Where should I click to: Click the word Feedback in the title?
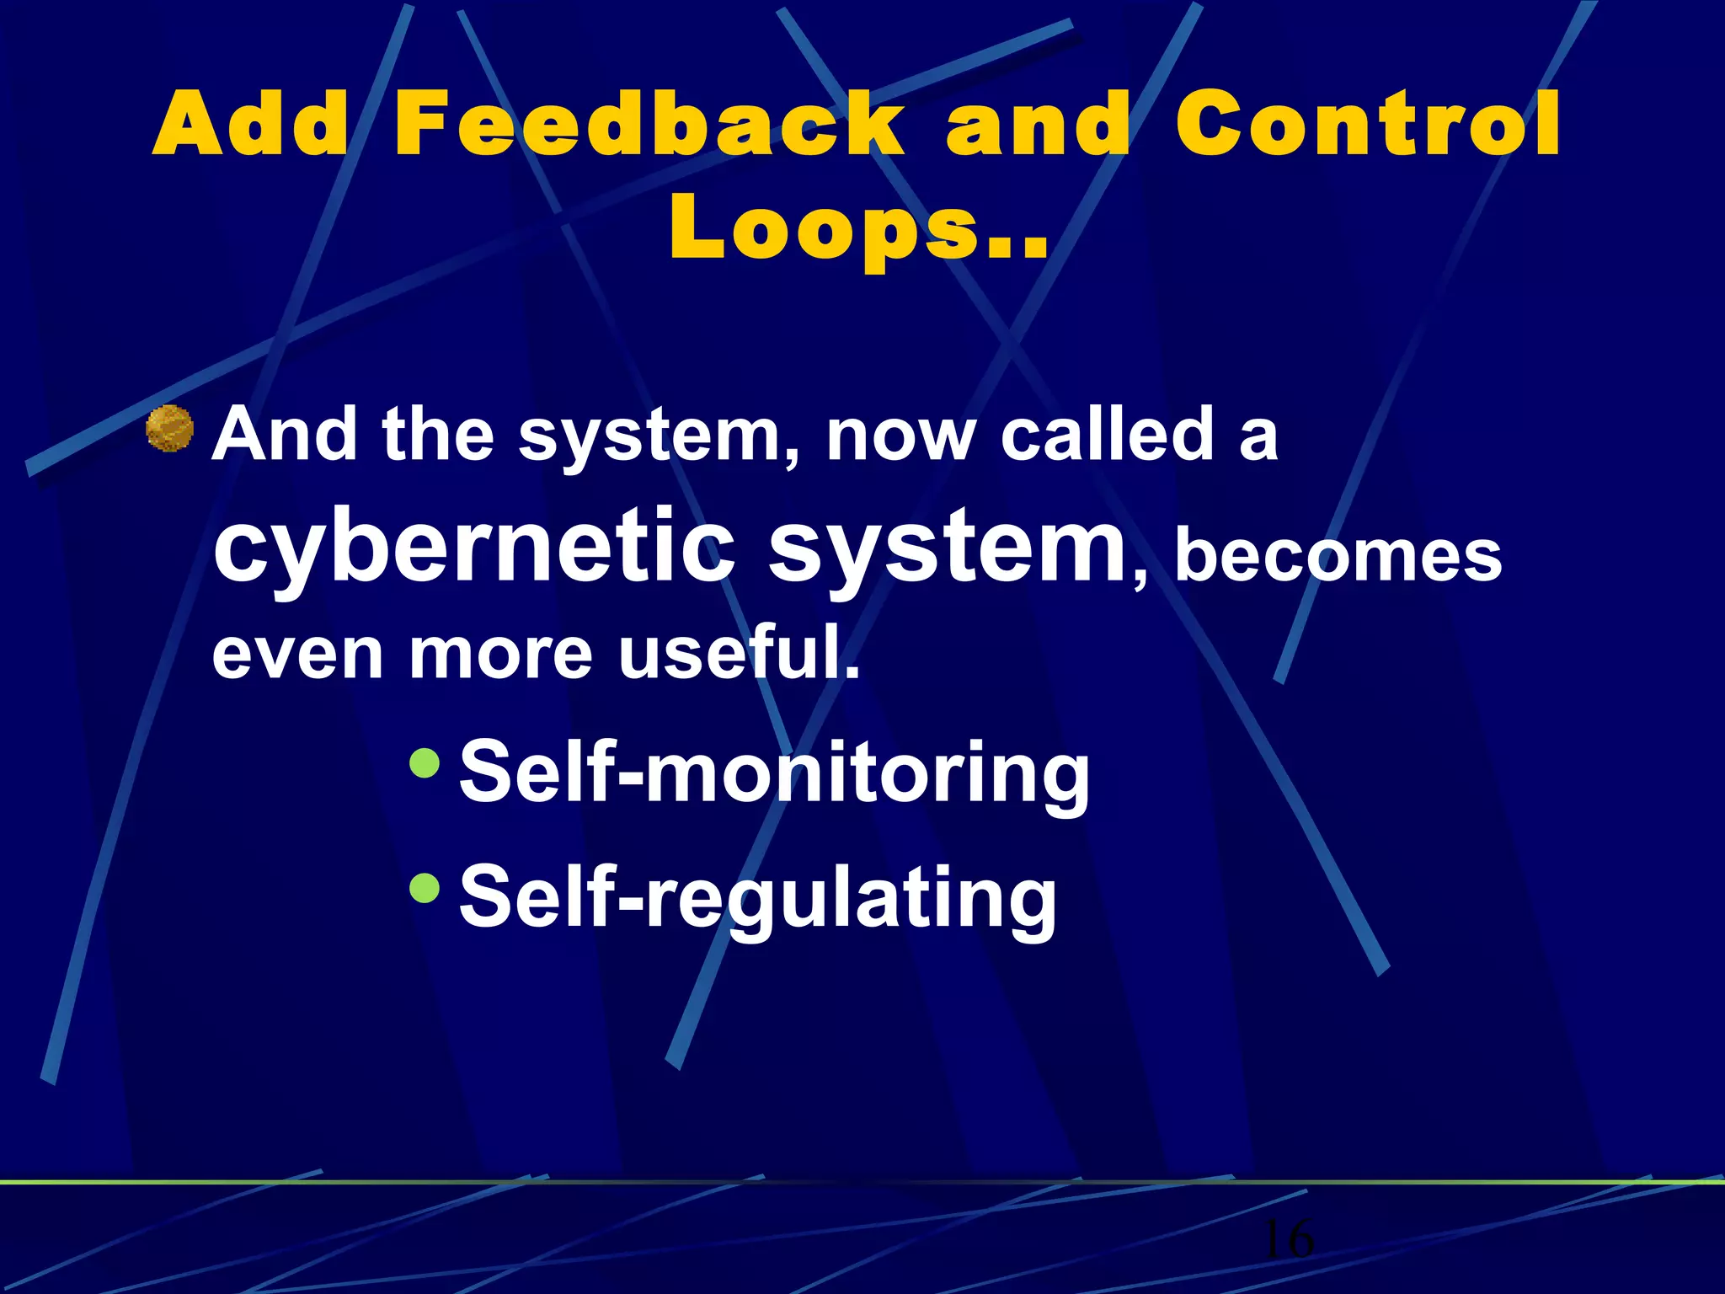pos(649,125)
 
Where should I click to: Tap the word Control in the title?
pos(1368,125)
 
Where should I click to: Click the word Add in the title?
pos(251,125)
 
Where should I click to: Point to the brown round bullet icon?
pos(170,428)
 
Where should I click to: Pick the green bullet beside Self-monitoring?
pos(425,762)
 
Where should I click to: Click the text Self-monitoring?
pos(773,772)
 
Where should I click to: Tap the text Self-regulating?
pos(756,897)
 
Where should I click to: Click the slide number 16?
pos(1288,1238)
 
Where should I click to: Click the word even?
pos(297,655)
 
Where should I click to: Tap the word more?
pos(501,655)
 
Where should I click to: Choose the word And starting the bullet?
pos(285,435)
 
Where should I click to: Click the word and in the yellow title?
pos(1038,125)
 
